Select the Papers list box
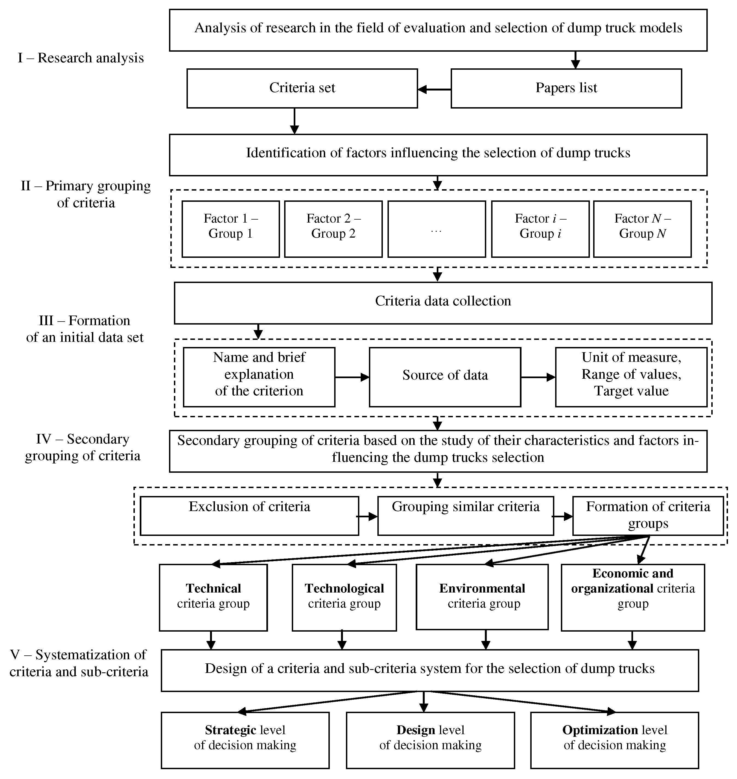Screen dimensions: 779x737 566,88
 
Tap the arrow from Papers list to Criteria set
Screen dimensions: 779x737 434,90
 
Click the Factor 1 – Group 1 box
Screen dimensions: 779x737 231,229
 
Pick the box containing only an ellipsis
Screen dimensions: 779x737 436,229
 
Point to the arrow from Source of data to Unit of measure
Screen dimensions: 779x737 538,378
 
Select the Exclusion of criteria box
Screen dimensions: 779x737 249,516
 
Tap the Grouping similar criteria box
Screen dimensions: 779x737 465,516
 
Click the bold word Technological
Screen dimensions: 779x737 344,588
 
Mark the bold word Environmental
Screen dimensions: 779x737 482,588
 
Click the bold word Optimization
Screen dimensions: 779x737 600,730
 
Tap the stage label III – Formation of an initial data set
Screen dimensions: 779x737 85,329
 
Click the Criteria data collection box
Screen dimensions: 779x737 443,303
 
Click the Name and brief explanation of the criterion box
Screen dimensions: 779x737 259,377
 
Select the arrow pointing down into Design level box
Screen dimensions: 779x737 423,702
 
